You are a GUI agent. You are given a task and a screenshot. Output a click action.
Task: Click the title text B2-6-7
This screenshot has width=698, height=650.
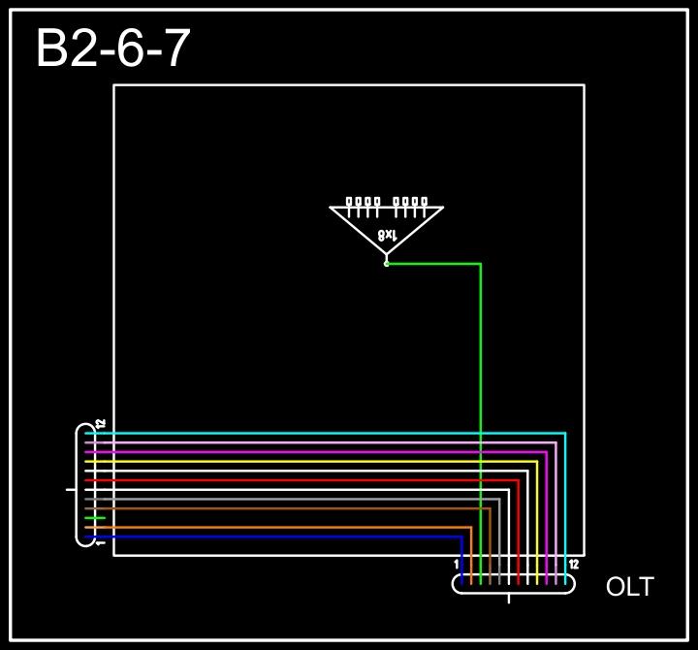(x=112, y=49)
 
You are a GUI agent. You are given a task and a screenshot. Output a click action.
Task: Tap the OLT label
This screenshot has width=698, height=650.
(x=629, y=587)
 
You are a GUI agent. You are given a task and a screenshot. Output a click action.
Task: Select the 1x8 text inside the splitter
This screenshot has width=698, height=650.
(x=387, y=235)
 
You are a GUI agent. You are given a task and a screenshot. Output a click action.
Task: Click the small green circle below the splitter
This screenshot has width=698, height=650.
(x=386, y=263)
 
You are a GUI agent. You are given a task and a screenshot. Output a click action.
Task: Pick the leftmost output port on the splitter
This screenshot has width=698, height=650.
(x=350, y=202)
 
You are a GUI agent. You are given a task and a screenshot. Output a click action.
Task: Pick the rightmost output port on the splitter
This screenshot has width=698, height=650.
(x=424, y=202)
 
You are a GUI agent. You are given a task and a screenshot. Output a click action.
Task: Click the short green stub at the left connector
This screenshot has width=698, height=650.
(x=95, y=518)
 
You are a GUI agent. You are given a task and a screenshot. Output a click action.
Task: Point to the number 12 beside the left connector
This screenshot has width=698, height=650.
(x=101, y=424)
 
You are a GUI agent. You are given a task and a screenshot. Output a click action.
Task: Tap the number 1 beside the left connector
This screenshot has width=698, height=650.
(x=101, y=541)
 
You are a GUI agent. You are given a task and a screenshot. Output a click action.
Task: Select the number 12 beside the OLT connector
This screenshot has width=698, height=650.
(x=574, y=565)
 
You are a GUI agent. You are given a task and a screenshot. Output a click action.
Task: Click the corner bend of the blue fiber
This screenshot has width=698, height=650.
(x=461, y=536)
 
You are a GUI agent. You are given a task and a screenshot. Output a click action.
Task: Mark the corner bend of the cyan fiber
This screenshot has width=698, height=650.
(x=565, y=434)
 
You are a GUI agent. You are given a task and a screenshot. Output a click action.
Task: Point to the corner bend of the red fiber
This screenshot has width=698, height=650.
(x=518, y=480)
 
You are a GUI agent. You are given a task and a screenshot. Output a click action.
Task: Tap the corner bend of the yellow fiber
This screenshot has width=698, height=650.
(x=537, y=462)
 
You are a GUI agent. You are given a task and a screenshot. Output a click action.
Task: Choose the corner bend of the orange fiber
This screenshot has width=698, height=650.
(x=471, y=528)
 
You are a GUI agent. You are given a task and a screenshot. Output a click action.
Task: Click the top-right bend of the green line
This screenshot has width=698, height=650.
(x=481, y=264)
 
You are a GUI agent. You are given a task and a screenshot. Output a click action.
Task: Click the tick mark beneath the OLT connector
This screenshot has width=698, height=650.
(x=509, y=599)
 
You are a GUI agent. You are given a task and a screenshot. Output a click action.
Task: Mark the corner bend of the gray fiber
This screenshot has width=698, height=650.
(x=499, y=500)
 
